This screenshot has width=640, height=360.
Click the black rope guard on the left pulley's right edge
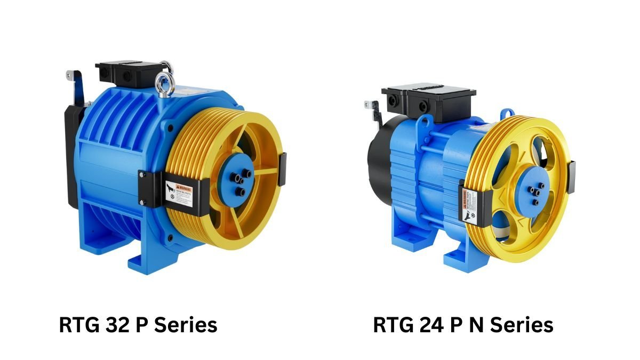click(x=282, y=170)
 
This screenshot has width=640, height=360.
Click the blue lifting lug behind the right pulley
click(x=507, y=114)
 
